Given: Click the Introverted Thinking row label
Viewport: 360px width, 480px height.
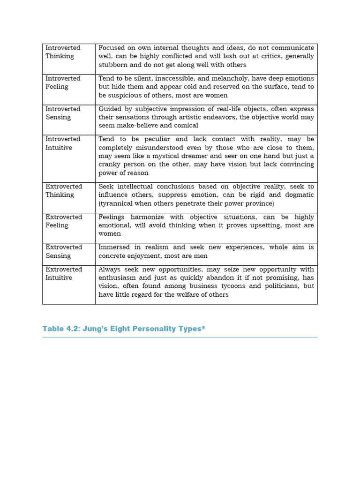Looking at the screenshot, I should point(63,52).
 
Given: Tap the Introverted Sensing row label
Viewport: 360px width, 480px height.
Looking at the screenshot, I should point(63,113).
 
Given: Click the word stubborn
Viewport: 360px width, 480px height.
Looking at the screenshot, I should point(112,65).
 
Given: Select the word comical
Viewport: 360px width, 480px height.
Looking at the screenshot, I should point(185,126).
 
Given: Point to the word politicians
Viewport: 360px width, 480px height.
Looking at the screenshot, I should point(272,286).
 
